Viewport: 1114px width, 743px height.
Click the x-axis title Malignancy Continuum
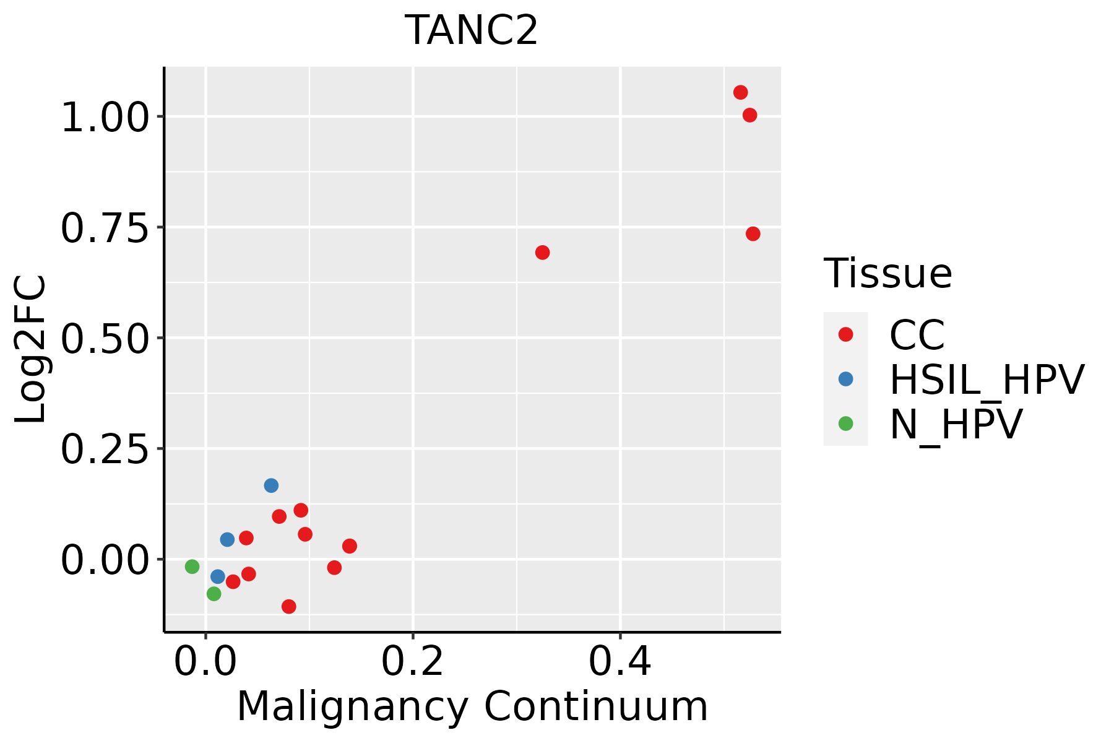point(472,706)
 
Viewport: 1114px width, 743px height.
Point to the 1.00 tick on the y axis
point(105,117)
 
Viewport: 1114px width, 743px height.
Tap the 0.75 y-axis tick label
point(105,228)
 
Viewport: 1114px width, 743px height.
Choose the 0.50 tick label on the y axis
point(105,338)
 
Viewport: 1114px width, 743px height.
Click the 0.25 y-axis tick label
point(105,449)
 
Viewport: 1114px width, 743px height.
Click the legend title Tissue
point(887,273)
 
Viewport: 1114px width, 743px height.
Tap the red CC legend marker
point(845,334)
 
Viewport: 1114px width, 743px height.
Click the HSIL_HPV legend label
point(987,380)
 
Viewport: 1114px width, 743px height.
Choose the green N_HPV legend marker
point(845,424)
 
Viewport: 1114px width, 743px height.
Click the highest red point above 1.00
point(740,92)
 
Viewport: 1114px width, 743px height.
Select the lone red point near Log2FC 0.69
point(542,252)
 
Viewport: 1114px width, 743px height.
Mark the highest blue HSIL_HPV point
point(271,485)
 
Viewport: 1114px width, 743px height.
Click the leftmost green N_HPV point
point(192,567)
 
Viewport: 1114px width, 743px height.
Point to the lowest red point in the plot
point(288,606)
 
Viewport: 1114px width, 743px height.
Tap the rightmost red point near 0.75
point(753,233)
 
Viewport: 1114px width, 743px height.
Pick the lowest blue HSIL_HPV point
point(217,576)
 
